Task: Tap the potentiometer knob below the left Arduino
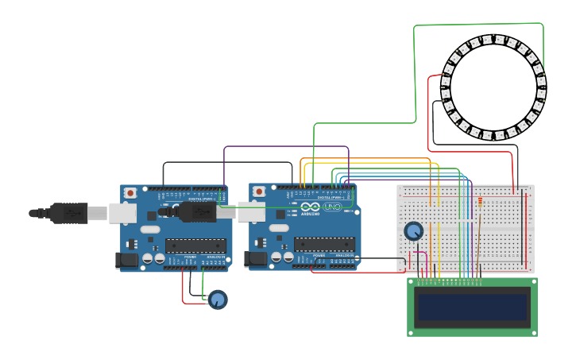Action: [x=217, y=300]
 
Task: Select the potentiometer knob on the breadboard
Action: [x=413, y=231]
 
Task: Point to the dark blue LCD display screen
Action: [x=473, y=307]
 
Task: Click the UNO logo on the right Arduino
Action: [x=332, y=207]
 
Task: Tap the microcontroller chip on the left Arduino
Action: [x=195, y=246]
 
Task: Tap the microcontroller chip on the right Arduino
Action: [x=324, y=245]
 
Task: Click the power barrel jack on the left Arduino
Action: [x=126, y=259]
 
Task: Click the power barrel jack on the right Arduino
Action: [x=254, y=259]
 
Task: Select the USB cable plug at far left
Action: [x=68, y=213]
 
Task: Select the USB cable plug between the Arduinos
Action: [x=195, y=212]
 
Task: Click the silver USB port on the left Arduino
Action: [x=122, y=212]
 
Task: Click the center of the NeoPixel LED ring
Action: [x=493, y=87]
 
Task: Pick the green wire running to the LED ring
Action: [x=415, y=72]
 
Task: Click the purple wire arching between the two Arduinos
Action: [x=286, y=146]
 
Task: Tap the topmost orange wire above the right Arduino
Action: [x=365, y=159]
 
